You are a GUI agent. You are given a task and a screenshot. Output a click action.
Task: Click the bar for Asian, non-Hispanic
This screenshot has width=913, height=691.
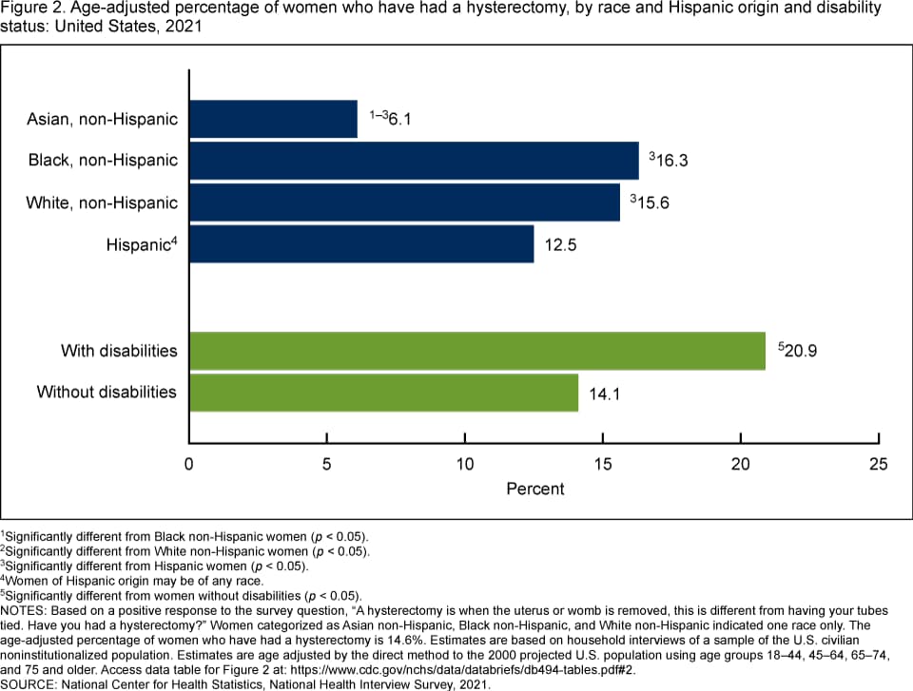coord(274,119)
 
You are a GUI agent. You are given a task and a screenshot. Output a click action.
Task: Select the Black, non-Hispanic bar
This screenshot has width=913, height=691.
coord(414,160)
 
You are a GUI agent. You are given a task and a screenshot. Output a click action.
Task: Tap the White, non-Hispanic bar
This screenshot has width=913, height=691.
coord(404,202)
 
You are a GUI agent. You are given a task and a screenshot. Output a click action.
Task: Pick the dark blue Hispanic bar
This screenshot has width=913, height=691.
coord(361,244)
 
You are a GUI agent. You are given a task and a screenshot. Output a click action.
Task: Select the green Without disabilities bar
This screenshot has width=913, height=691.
coord(384,393)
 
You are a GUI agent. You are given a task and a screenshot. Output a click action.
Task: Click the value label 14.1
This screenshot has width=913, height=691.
coord(605,393)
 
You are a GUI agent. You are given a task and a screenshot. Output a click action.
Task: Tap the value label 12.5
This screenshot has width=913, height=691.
coord(560,245)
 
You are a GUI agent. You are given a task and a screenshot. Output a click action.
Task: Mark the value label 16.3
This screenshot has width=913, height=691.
coord(670,161)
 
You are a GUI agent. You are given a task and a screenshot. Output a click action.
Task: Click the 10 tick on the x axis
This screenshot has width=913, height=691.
coord(465,464)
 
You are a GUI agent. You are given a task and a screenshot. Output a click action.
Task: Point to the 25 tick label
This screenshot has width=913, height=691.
coord(878,464)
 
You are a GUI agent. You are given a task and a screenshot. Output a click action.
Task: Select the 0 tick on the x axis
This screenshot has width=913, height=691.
coord(189,464)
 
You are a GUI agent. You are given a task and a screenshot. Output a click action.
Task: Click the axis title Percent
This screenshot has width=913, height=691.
coord(534,489)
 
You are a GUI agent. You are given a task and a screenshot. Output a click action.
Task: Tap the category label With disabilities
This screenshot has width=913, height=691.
coord(119,351)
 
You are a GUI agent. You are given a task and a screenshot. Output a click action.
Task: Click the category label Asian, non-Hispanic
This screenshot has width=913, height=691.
coord(103,119)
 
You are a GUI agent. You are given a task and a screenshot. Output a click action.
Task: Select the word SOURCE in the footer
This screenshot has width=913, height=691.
coord(29,683)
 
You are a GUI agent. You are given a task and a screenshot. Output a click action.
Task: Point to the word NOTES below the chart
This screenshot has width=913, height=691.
coord(25,609)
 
